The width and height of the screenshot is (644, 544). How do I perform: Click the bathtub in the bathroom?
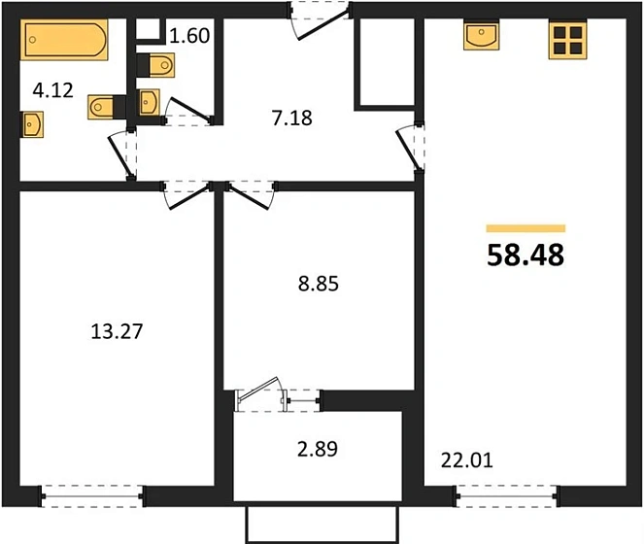(x=64, y=40)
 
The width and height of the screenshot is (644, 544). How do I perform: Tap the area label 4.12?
(x=53, y=90)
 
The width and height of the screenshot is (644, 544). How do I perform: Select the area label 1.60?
(x=189, y=36)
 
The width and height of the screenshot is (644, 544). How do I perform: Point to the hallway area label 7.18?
(x=292, y=118)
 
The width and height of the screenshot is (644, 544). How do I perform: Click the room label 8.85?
(x=319, y=284)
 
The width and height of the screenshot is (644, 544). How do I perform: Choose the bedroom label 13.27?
(x=117, y=331)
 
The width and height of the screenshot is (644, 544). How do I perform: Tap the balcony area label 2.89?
(x=318, y=449)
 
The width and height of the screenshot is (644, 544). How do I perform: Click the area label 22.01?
(x=467, y=460)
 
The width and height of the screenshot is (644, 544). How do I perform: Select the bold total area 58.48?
(x=525, y=255)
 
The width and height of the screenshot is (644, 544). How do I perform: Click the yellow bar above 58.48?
(x=525, y=228)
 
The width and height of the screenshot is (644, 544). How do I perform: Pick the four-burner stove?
(x=567, y=40)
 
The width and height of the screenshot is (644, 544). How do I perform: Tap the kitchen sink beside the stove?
(x=482, y=36)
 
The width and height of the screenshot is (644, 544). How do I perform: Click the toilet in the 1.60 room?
(x=156, y=65)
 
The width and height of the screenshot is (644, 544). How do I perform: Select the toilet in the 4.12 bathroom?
(x=107, y=107)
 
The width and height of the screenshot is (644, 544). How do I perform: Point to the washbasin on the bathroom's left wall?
(x=32, y=124)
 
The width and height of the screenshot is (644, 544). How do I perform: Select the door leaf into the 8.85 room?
(x=249, y=197)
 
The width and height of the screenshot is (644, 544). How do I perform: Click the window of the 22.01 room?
(x=506, y=496)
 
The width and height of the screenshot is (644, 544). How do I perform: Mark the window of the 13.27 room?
(x=92, y=496)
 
